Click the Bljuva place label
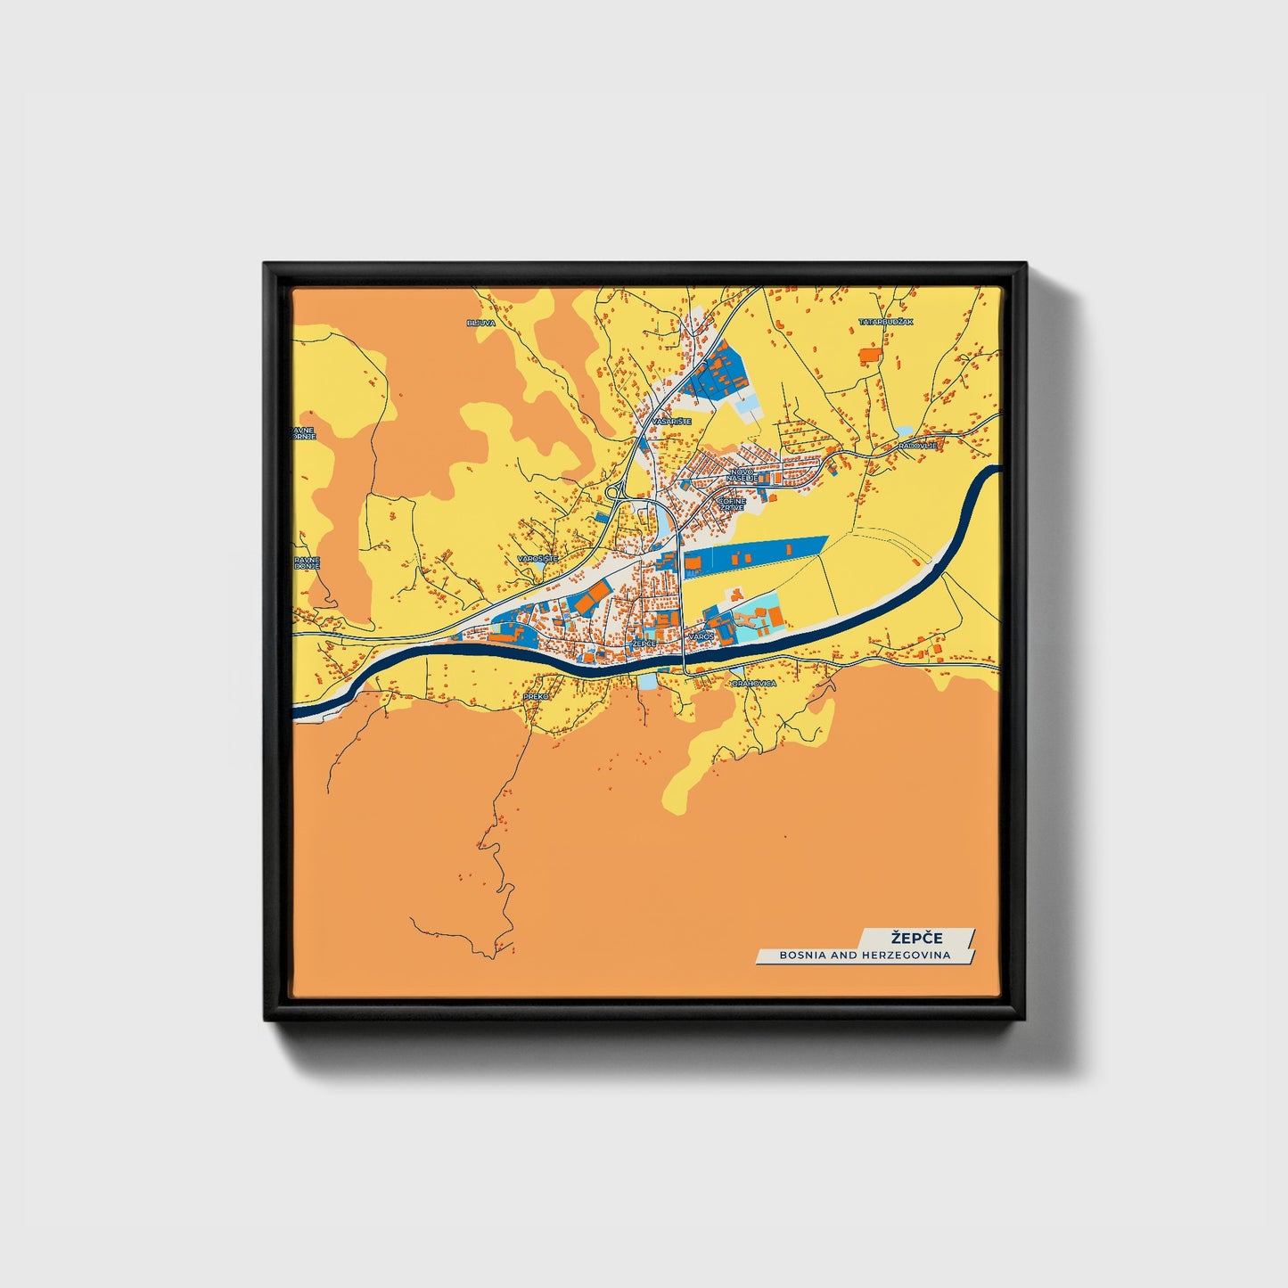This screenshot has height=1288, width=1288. click(480, 323)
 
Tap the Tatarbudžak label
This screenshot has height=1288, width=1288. click(886, 322)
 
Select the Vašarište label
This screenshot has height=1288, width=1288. click(671, 421)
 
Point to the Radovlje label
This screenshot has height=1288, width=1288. click(917, 445)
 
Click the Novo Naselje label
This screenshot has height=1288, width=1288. click(742, 474)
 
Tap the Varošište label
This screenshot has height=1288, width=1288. click(537, 558)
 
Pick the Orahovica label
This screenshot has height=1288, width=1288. click(753, 683)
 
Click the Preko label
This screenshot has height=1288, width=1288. click(536, 695)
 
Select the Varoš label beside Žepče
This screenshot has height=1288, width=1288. click(701, 637)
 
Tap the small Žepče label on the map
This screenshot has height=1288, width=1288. click(643, 643)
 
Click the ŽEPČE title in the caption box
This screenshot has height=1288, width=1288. click(916, 938)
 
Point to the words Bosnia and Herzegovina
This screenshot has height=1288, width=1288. click(865, 955)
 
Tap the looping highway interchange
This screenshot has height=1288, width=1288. click(613, 492)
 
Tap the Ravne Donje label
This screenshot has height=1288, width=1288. click(305, 562)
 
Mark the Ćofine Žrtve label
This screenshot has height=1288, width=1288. click(732, 505)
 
